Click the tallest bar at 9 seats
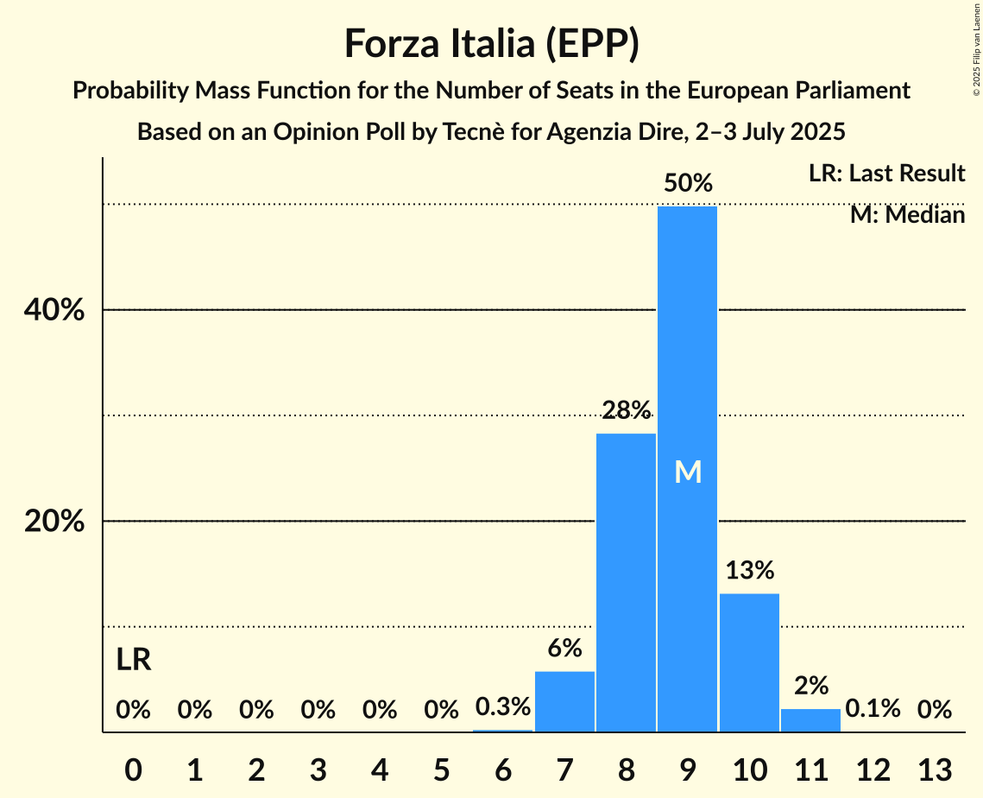coord(687,363)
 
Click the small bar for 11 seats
coord(810,720)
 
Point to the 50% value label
coord(688,183)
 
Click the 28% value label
coord(627,410)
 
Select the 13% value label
coord(749,570)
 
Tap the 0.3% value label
coord(503,707)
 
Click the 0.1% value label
coord(873,709)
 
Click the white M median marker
coord(688,472)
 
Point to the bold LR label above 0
coord(134,661)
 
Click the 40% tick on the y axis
coord(54,310)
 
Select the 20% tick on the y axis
coord(54,522)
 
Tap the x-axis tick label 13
coord(934,768)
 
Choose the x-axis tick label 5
coord(441,768)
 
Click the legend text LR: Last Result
coord(886,174)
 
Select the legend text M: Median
coord(907,214)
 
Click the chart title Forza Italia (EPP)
coord(491,44)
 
